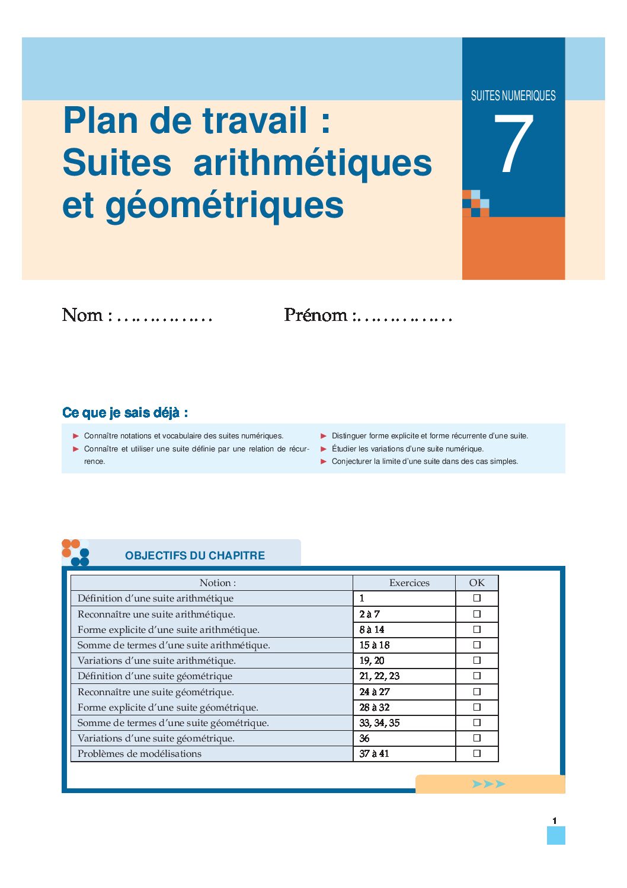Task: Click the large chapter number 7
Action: coord(513,145)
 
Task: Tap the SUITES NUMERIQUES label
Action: coord(513,96)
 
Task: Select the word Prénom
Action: coord(315,315)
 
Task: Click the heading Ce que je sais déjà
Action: coord(125,413)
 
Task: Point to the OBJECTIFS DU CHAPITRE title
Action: coord(195,556)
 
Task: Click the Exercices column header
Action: coord(409,583)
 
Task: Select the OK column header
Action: coord(476,583)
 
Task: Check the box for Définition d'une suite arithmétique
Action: coord(476,599)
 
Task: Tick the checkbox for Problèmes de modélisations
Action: coord(476,754)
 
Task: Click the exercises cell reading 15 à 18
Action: coord(375,645)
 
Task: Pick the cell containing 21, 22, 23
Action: coord(379,676)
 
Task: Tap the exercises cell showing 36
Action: coord(364,739)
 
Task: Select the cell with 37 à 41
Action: coord(375,754)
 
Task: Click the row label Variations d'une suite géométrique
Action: coord(156,739)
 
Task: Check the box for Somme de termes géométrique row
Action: coord(476,723)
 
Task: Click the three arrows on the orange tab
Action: coord(489,784)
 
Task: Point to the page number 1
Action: coord(555,821)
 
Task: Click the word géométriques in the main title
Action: coord(225,206)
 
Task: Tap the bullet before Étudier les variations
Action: coord(324,449)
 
